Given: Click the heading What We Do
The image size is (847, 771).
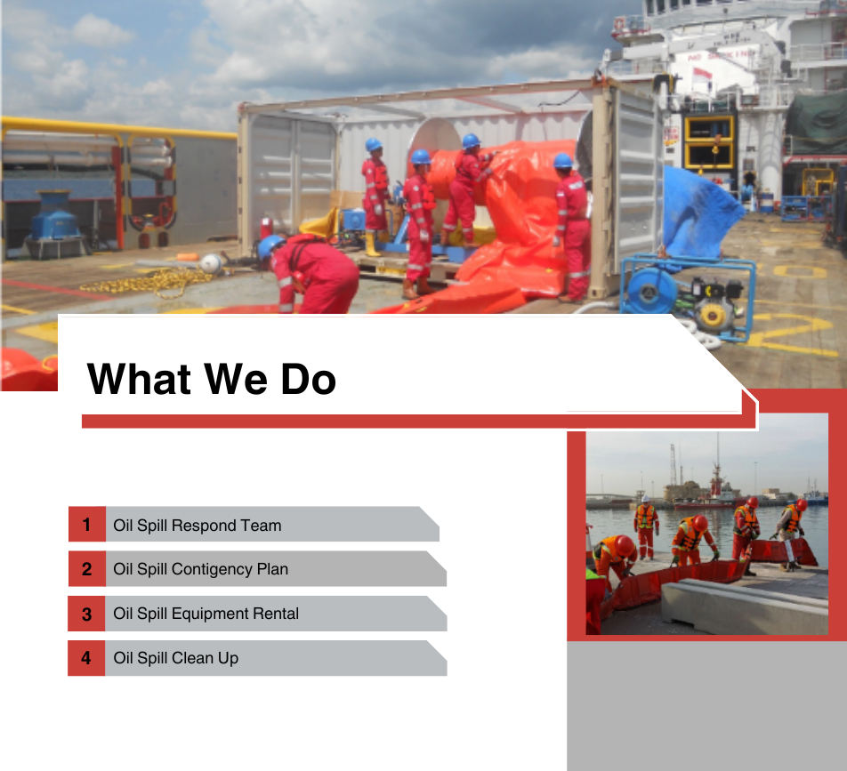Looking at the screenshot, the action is pyautogui.click(x=211, y=379).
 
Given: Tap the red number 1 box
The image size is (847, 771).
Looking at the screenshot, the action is pyautogui.click(x=87, y=524).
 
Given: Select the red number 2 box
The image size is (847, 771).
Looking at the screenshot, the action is pyautogui.click(x=87, y=568).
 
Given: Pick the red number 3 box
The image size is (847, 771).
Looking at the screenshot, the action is pyautogui.click(x=86, y=614).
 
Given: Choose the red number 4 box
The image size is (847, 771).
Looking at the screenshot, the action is pyautogui.click(x=86, y=658).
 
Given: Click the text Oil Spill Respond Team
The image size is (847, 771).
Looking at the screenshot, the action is pyautogui.click(x=198, y=526).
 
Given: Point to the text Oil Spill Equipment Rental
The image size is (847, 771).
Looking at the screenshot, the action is pyautogui.click(x=206, y=614).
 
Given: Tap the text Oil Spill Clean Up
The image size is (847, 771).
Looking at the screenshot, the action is pyautogui.click(x=175, y=658).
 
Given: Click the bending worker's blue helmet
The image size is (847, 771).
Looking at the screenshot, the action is pyautogui.click(x=269, y=246).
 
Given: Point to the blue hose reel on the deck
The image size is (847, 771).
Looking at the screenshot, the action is pyautogui.click(x=649, y=291).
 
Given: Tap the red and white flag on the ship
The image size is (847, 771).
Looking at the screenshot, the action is pyautogui.click(x=702, y=75).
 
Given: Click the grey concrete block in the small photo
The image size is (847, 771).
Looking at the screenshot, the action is pyautogui.click(x=745, y=607).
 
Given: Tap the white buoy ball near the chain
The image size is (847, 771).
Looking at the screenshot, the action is pyautogui.click(x=211, y=263).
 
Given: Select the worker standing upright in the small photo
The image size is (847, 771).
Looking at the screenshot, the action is pyautogui.click(x=646, y=527).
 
